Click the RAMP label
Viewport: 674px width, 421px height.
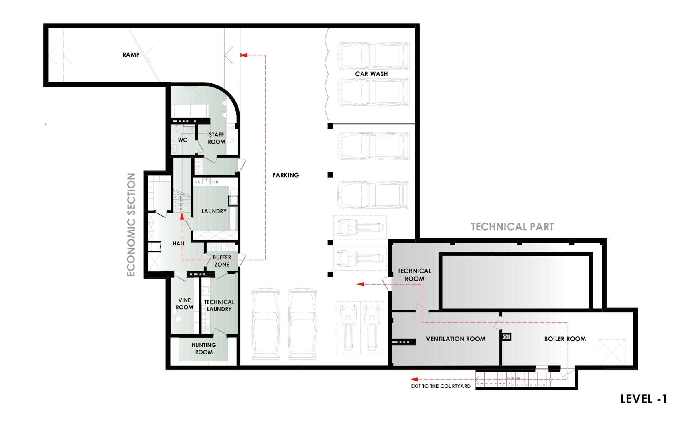(x=131, y=55)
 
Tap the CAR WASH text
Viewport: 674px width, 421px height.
(x=371, y=74)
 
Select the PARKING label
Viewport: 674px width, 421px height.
(x=286, y=175)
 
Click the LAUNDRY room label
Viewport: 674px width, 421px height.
(x=214, y=211)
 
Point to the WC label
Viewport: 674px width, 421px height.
(x=183, y=140)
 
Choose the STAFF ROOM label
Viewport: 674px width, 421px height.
(x=216, y=138)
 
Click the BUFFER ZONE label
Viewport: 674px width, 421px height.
(x=222, y=261)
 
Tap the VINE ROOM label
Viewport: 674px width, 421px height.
(x=185, y=304)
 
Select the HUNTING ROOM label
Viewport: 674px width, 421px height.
(x=204, y=348)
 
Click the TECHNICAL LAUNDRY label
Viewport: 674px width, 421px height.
(x=219, y=306)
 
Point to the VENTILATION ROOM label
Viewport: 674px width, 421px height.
(x=456, y=339)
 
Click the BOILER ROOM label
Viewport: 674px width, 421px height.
(x=565, y=339)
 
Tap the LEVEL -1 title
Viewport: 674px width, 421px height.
(x=643, y=399)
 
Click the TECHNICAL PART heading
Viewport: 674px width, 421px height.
(x=512, y=227)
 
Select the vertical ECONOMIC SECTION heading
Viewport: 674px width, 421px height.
(x=131, y=225)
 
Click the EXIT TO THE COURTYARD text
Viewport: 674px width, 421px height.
(x=441, y=386)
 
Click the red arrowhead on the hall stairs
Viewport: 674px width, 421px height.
(x=182, y=216)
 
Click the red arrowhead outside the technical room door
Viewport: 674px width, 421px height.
(x=361, y=284)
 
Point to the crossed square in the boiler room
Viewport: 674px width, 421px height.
(x=612, y=352)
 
